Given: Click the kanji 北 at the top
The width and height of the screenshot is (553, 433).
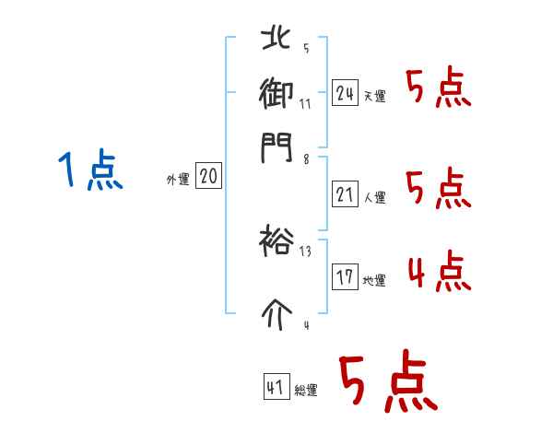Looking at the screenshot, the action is pyautogui.click(x=276, y=40).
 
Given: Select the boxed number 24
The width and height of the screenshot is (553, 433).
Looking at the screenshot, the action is pyautogui.click(x=346, y=92).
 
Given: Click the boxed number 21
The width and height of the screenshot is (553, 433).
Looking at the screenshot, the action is pyautogui.click(x=346, y=193).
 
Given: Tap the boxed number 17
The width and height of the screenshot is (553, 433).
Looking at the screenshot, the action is pyautogui.click(x=346, y=277).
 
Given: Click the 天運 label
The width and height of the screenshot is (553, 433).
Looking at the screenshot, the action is pyautogui.click(x=374, y=96).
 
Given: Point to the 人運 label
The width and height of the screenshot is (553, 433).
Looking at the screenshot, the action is pyautogui.click(x=374, y=197).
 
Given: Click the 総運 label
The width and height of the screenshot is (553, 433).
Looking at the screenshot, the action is pyautogui.click(x=306, y=391).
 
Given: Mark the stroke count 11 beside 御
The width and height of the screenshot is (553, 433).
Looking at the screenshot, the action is pyautogui.click(x=305, y=103).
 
